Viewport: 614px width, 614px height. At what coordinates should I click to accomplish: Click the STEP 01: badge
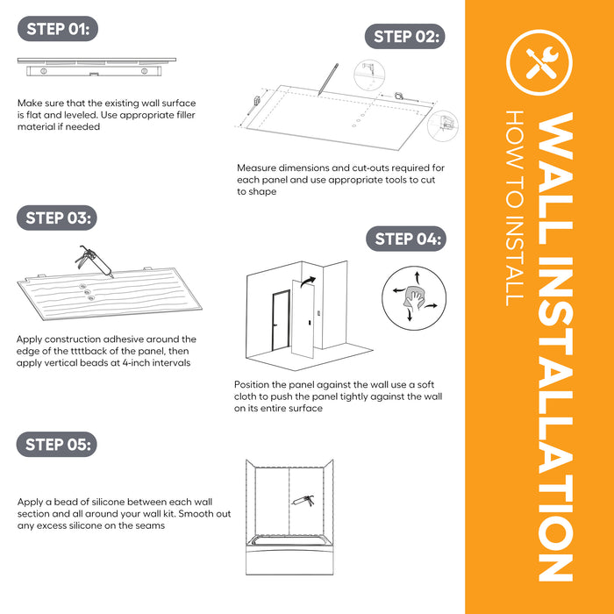[x=58, y=29]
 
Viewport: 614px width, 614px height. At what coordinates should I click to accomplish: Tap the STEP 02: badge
[x=405, y=37]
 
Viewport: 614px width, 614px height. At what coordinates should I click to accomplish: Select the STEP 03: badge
[x=57, y=218]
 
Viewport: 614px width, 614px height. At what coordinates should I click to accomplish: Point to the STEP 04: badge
[x=406, y=239]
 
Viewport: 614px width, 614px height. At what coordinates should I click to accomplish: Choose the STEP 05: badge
[x=57, y=445]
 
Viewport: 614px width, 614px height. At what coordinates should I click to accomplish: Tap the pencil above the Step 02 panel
[x=328, y=79]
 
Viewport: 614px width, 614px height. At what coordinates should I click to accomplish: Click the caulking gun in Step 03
[x=94, y=261]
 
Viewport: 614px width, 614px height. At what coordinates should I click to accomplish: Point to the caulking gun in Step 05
[x=303, y=501]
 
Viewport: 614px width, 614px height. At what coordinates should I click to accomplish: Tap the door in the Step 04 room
[x=281, y=320]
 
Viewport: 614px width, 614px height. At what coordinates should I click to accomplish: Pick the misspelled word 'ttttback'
[x=75, y=351]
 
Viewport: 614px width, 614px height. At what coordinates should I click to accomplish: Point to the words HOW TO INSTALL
[x=515, y=208]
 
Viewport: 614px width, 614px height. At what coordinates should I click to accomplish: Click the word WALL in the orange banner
[x=555, y=179]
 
